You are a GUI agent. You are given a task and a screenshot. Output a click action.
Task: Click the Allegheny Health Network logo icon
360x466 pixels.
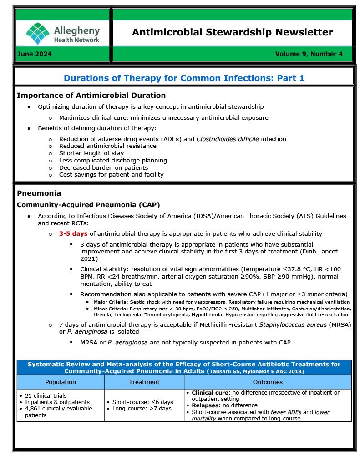[38, 33]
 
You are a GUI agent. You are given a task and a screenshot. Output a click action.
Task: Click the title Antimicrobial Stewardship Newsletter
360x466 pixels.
[232, 32]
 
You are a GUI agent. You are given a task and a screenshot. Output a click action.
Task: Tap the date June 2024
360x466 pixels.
[34, 54]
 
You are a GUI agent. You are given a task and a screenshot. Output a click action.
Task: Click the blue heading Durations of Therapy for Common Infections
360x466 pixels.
[184, 78]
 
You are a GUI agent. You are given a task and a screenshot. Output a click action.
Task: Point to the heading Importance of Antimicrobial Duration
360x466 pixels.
[91, 96]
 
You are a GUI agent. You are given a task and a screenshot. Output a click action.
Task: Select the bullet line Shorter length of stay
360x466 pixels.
[91, 153]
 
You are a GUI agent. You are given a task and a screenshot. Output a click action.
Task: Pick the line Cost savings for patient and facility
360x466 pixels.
[111, 175]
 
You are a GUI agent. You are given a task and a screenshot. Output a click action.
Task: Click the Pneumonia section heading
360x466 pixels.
[39, 193]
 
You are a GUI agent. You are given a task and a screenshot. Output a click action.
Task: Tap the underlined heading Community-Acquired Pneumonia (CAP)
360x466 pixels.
[88, 205]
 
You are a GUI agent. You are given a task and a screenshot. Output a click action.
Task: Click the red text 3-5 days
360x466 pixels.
[73, 233]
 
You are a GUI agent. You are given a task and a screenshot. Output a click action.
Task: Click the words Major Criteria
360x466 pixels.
[107, 302]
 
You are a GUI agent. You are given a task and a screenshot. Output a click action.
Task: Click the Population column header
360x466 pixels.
[61, 382]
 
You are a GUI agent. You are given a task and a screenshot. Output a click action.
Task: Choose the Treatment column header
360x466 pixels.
[144, 382]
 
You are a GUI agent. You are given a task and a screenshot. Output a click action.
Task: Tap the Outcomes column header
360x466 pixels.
[267, 382]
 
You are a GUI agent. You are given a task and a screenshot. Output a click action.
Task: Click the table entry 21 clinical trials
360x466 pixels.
[44, 396]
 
